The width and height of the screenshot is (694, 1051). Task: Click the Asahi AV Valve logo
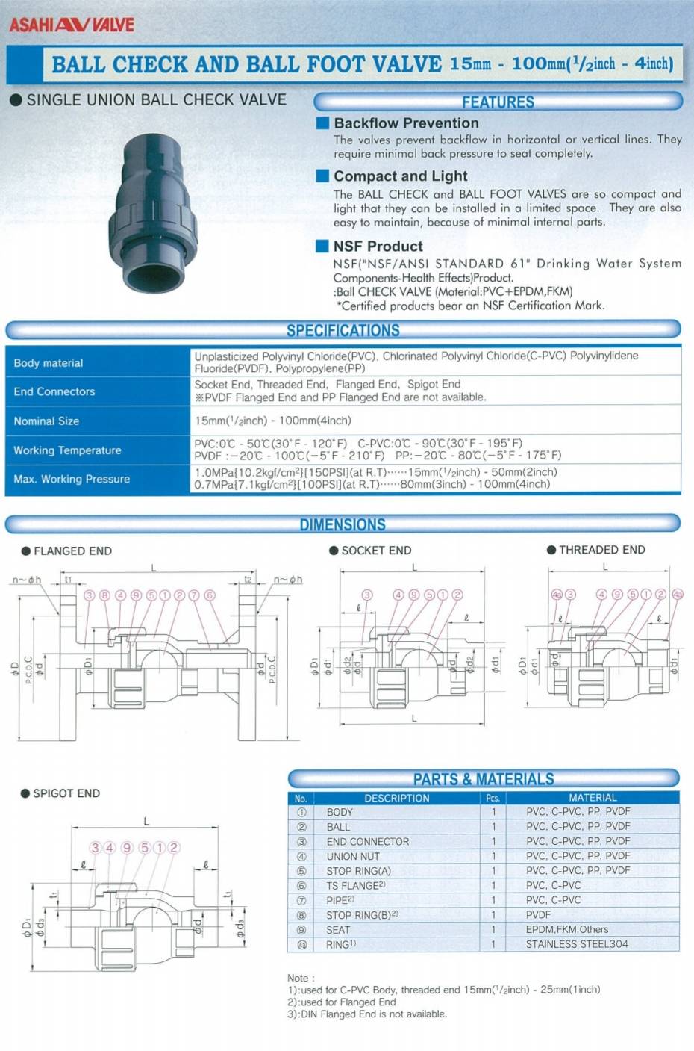pyautogui.click(x=72, y=24)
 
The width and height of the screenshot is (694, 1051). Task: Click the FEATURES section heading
pyautogui.click(x=498, y=102)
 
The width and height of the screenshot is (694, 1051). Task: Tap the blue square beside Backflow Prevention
pyautogui.click(x=322, y=123)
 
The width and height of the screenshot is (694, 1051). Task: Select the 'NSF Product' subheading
pyautogui.click(x=378, y=247)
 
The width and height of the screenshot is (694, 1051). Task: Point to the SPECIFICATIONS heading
pyautogui.click(x=343, y=330)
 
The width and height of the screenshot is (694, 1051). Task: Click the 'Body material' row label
pyautogui.click(x=49, y=363)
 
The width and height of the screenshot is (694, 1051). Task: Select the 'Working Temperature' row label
pyautogui.click(x=67, y=450)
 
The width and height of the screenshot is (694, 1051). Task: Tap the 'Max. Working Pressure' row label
pyautogui.click(x=72, y=479)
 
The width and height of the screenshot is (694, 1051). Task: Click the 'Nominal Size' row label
pyautogui.click(x=46, y=421)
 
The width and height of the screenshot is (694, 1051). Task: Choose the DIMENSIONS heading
pyautogui.click(x=343, y=524)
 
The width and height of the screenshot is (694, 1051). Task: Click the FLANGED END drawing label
pyautogui.click(x=72, y=551)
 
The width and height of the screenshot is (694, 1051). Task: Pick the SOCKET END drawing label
pyautogui.click(x=376, y=551)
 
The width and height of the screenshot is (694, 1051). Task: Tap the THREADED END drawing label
pyautogui.click(x=601, y=550)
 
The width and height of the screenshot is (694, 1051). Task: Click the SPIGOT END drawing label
pyautogui.click(x=66, y=793)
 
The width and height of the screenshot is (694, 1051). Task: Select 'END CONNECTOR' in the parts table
pyautogui.click(x=368, y=842)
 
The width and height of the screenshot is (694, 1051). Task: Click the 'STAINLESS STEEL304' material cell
pyautogui.click(x=577, y=944)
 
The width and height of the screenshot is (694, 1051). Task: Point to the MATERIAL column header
pyautogui.click(x=593, y=798)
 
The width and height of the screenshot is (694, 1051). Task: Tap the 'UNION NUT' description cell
pyautogui.click(x=353, y=857)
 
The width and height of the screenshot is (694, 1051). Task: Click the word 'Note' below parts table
pyautogui.click(x=300, y=978)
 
